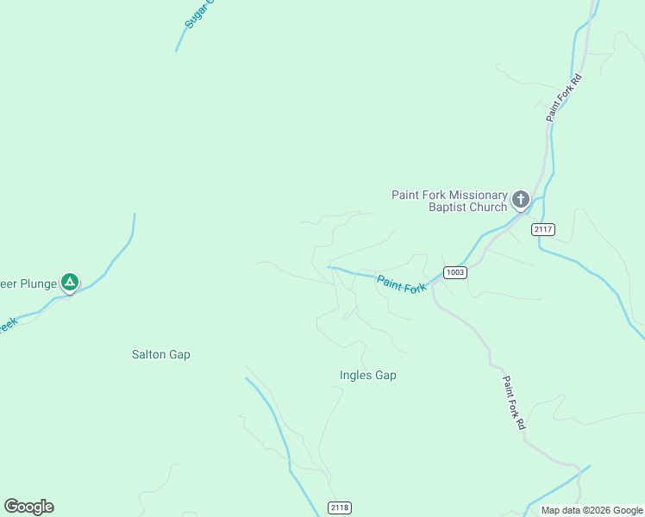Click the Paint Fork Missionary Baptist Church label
(449, 201)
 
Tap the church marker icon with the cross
(520, 200)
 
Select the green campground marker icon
(70, 282)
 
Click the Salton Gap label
(160, 354)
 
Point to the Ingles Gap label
(368, 376)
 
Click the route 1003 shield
(455, 272)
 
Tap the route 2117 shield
(543, 229)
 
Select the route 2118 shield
(340, 508)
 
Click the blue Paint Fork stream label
(401, 283)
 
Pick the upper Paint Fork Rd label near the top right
(564, 97)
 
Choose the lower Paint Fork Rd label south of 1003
(513, 402)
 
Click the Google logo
(28, 507)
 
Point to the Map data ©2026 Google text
(592, 510)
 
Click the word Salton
(148, 354)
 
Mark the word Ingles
(356, 376)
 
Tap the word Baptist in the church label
(447, 207)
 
